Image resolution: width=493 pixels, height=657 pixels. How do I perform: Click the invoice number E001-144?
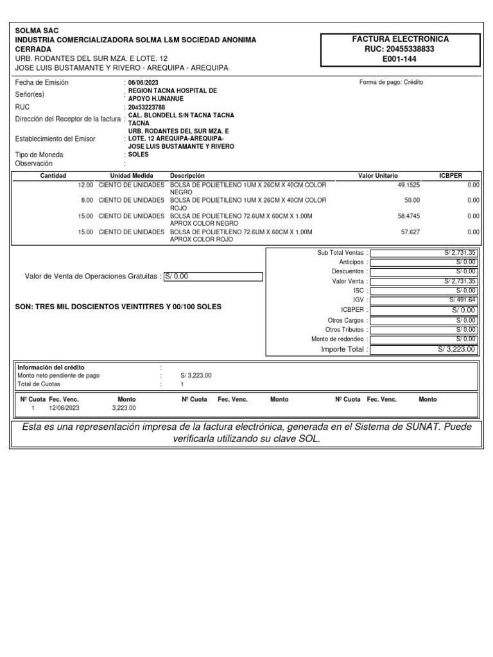click(401, 58)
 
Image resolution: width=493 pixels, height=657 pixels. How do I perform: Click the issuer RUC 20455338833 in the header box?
click(401, 48)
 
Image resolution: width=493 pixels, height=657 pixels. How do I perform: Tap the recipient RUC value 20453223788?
click(147, 107)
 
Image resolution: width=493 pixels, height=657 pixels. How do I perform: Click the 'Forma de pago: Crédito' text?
click(391, 82)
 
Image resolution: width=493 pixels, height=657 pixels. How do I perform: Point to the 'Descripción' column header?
click(187, 175)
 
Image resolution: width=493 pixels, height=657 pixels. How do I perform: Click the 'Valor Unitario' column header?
click(377, 175)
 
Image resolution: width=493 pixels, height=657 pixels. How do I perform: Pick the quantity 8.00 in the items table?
click(87, 200)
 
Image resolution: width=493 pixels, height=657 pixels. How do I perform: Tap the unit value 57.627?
click(411, 232)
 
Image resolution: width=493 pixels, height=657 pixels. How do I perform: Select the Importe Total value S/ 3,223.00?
click(456, 349)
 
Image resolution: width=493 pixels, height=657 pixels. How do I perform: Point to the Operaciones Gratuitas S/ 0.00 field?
click(213, 277)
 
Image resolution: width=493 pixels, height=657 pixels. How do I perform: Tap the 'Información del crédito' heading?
click(51, 367)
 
